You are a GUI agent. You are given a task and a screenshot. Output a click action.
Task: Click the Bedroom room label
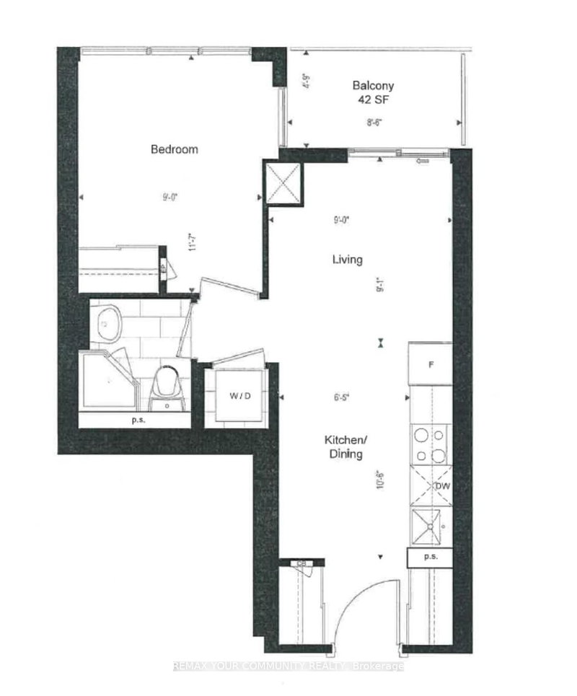click(174, 149)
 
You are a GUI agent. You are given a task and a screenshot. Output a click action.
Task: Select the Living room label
click(347, 260)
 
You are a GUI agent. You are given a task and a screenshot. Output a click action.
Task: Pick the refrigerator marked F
click(431, 364)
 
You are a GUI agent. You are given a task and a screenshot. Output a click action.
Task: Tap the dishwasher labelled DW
click(443, 486)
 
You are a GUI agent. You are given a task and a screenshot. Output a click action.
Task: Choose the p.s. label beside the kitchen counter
click(430, 558)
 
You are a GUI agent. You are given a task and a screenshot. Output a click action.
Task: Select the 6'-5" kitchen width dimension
click(342, 396)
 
